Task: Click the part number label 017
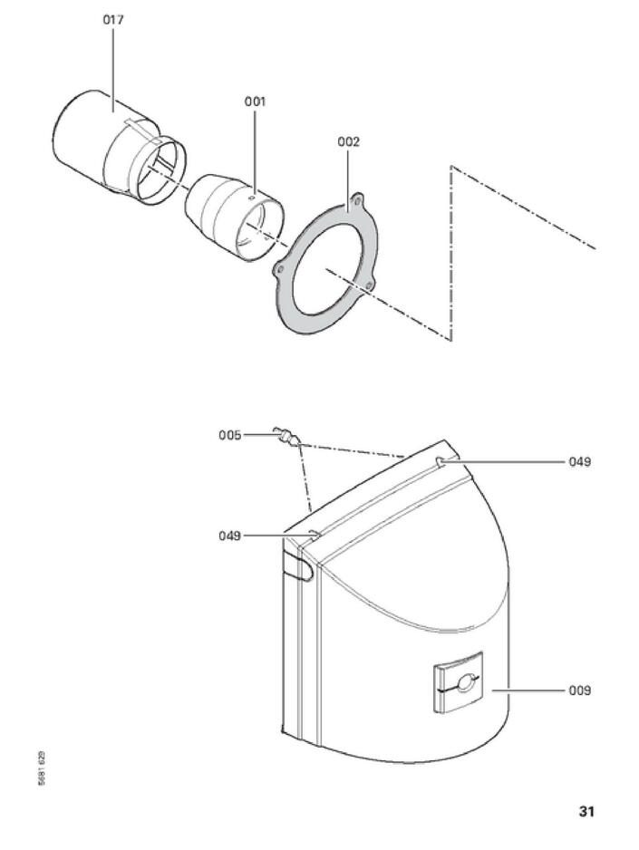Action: coord(113,20)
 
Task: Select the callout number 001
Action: coord(255,101)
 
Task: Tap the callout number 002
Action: coord(348,142)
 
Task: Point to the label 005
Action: coord(230,435)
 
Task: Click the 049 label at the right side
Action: coord(579,462)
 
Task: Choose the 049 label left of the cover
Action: coord(230,536)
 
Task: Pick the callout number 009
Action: coord(579,691)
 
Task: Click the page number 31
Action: coord(586,812)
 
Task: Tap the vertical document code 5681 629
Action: coord(43,769)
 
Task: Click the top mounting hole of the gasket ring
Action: coord(358,201)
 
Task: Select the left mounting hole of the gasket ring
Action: coord(280,269)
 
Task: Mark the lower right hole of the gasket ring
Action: coord(369,285)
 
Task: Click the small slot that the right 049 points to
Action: coord(440,462)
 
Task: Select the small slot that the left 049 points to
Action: coord(315,535)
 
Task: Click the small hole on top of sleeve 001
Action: coord(251,199)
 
